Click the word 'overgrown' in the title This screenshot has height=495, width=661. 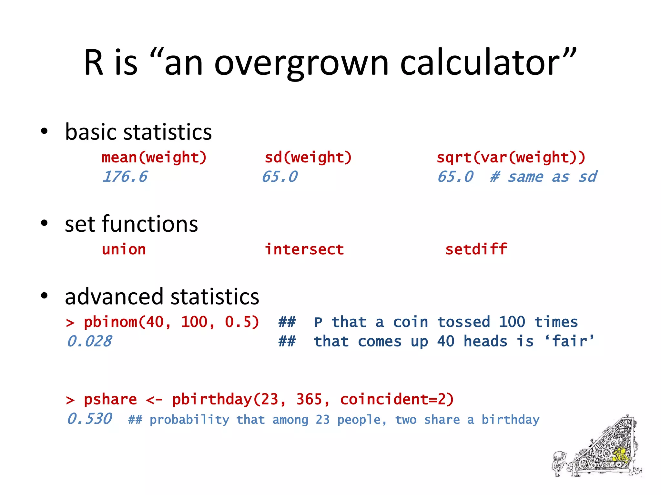coord(301,63)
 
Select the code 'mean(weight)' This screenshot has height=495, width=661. coord(154,158)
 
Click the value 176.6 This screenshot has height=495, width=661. coord(125,177)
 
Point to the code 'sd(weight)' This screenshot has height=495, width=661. coord(308,158)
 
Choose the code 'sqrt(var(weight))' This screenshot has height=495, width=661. coord(511,158)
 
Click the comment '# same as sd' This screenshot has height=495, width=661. coord(544,177)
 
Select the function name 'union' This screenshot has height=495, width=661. coord(124,250)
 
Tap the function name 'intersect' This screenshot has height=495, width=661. coord(304,250)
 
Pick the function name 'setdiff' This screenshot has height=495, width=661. coord(476,250)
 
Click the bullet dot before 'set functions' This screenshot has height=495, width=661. coord(44,223)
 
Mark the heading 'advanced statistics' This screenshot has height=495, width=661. coord(162,296)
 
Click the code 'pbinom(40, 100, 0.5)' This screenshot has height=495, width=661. coord(171,322)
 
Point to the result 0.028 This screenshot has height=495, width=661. coord(89,342)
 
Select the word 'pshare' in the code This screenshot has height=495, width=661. coord(110,400)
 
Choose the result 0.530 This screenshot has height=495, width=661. coord(89,419)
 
